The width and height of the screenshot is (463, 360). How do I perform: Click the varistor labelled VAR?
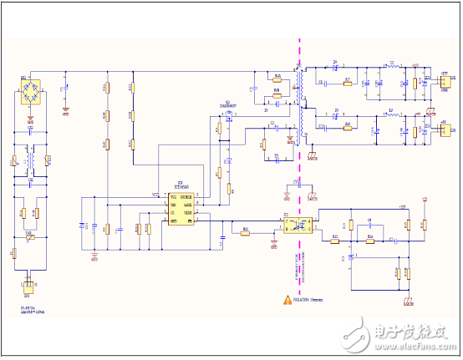30,237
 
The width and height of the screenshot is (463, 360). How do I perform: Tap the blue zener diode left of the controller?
83,226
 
